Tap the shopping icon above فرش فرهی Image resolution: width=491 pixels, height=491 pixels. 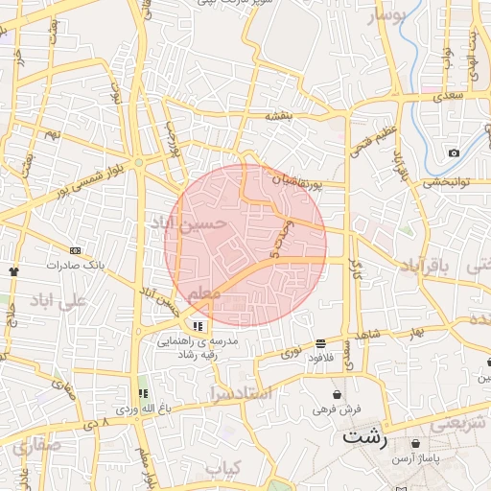(337, 394)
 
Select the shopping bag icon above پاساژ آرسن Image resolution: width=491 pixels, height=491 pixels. (414, 444)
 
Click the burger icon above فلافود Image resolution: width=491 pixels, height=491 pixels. (319, 342)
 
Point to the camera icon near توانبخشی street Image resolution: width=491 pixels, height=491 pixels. (454, 152)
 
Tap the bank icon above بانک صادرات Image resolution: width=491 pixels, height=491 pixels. (76, 250)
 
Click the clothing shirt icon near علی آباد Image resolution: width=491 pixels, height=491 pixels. (13, 271)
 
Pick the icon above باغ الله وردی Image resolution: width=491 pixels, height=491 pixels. (143, 393)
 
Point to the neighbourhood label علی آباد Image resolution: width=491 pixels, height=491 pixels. (58, 300)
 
